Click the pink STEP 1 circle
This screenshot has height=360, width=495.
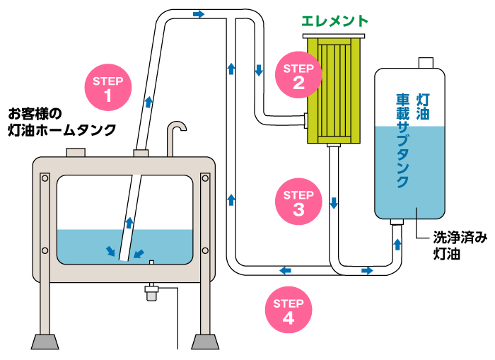pyautogui.click(x=108, y=85)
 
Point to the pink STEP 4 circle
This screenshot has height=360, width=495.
pyautogui.click(x=289, y=309)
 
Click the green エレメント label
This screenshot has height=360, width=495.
pyautogui.click(x=334, y=21)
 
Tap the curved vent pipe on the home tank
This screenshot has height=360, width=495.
pyautogui.click(x=175, y=134)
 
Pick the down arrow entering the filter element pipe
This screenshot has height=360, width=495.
pyautogui.click(x=259, y=71)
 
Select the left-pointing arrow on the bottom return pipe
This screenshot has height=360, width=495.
pyautogui.click(x=284, y=270)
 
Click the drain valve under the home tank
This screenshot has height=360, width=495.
pyautogui.click(x=151, y=292)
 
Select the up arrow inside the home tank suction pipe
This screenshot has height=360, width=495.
pyautogui.click(x=129, y=222)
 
